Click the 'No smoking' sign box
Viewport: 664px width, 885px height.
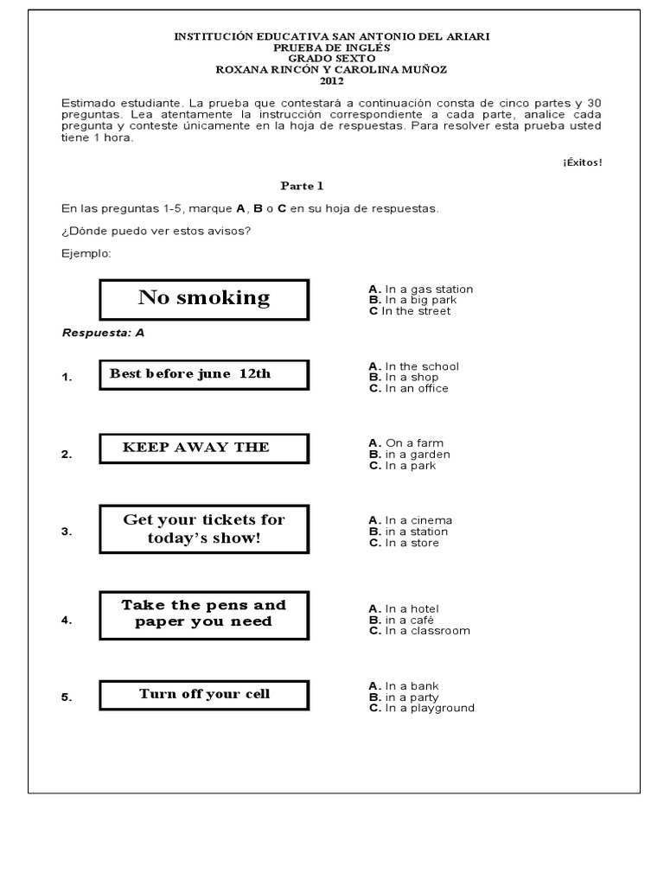pos(204,299)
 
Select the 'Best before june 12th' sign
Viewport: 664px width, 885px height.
pos(203,374)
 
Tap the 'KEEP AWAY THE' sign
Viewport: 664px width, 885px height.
pos(203,448)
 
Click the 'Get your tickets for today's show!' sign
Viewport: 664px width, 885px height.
pos(204,529)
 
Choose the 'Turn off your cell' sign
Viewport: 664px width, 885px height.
pos(204,694)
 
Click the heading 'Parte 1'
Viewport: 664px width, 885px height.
pos(302,186)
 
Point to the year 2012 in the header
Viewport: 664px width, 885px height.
pos(332,81)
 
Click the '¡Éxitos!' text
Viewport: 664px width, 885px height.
pos(582,162)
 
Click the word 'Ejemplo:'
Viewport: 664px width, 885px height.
pos(86,253)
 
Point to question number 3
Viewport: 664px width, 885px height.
pos(67,532)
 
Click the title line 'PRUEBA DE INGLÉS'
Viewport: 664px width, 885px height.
pos(332,48)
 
